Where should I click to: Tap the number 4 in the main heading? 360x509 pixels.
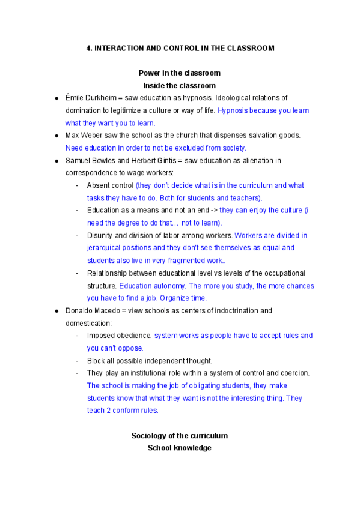(x=88, y=48)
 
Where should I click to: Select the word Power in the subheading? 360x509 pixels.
(x=149, y=73)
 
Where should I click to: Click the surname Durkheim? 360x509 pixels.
(x=102, y=98)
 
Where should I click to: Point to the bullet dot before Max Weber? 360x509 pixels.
(x=56, y=136)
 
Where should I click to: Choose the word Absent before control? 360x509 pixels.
(x=99, y=185)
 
